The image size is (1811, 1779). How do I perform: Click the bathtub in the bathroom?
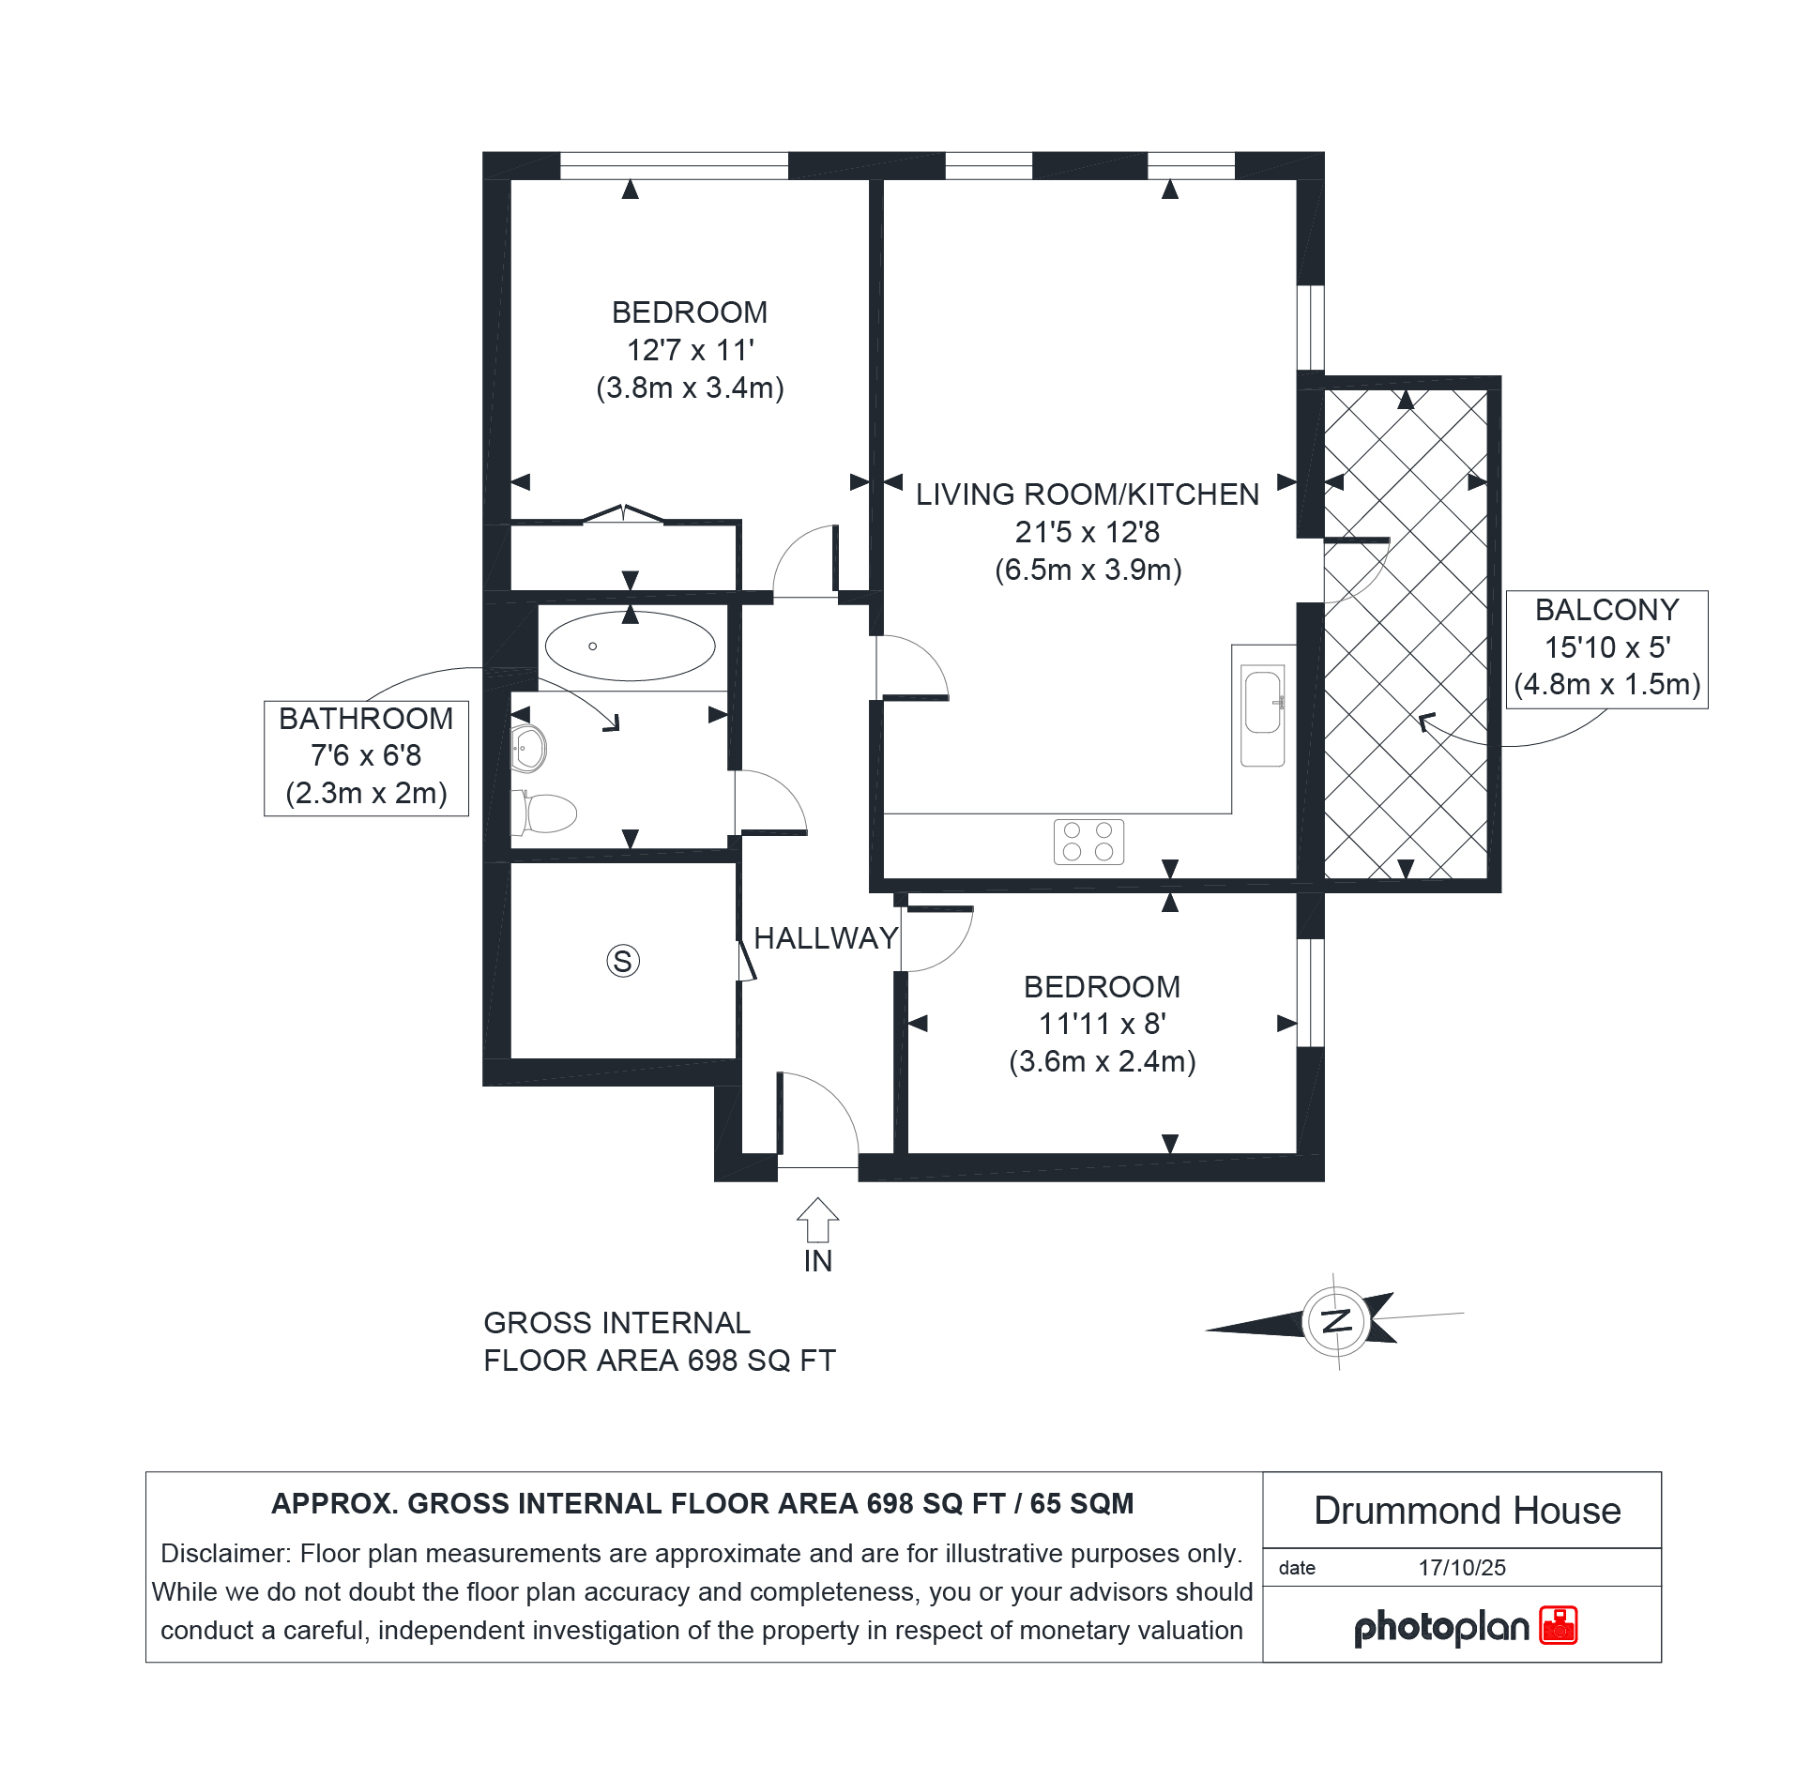pos(630,646)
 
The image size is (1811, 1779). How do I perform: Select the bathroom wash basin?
pos(528,749)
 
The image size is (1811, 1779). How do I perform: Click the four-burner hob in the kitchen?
pos(1088,842)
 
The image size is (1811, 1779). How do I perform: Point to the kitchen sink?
pos(1262,715)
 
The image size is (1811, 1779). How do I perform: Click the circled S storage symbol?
pos(623,961)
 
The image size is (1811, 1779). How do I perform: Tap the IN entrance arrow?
pos(817,1220)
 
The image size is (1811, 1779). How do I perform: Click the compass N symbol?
pos(1336,1321)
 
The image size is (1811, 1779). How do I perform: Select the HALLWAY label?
pos(826,938)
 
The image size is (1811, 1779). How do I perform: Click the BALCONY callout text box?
pos(1606,649)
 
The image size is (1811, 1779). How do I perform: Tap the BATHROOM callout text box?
pos(366,758)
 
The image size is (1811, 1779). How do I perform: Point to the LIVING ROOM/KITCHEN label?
pos(1088,494)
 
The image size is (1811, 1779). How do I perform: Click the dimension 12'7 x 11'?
pos(690,350)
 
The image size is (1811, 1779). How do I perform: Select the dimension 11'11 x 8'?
pos(1102,1024)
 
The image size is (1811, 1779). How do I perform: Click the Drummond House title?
pos(1467,1511)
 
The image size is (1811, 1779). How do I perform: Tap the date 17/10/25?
pos(1462,1568)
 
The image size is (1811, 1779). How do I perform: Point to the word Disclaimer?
pos(225,1553)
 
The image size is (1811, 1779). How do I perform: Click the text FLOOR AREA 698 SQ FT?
pos(659,1361)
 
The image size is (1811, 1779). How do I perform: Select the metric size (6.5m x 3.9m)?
pos(1088,570)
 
